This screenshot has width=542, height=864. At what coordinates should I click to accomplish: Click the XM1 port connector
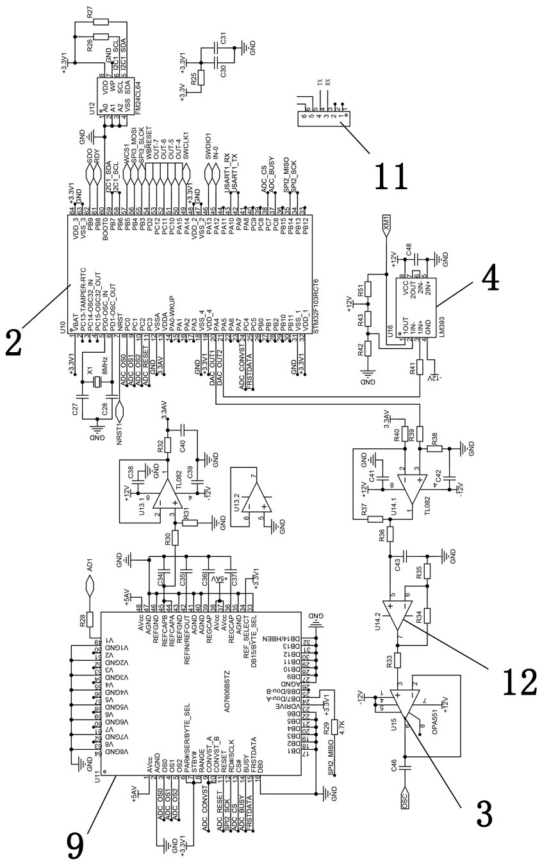click(x=386, y=224)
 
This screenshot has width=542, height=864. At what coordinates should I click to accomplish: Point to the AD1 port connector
click(x=90, y=584)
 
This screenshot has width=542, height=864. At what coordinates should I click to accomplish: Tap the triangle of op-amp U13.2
click(x=258, y=498)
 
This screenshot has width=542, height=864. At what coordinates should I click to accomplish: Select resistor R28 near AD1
click(x=89, y=620)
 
